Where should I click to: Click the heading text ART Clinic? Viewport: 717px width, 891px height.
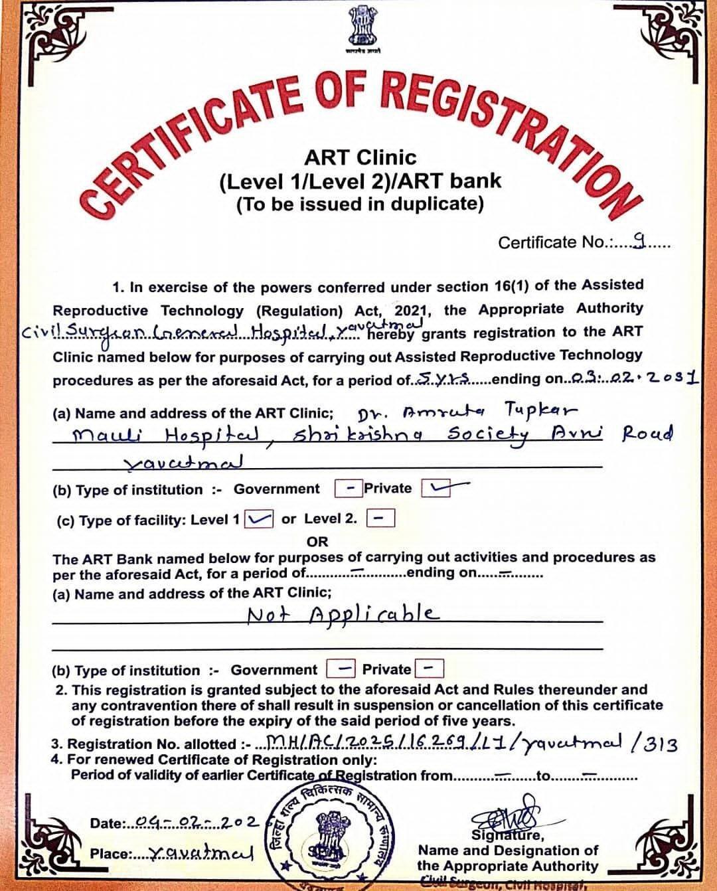tap(360, 158)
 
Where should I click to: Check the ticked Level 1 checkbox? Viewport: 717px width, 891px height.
tap(259, 519)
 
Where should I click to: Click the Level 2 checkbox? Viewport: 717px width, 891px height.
tap(381, 518)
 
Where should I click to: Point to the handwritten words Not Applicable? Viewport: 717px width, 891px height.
tap(343, 614)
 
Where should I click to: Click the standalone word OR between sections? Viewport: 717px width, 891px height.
tap(317, 541)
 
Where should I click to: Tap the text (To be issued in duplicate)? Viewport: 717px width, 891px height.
tap(360, 204)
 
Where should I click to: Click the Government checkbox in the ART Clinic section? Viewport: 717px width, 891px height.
tap(347, 489)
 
